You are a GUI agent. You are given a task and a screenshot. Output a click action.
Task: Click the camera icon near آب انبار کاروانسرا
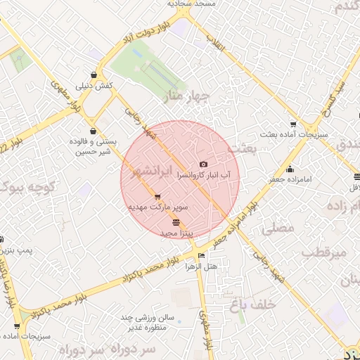[205, 163]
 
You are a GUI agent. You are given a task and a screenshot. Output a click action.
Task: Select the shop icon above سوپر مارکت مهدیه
[157, 197]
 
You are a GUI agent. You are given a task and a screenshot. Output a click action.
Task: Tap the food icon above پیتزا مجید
[176, 222]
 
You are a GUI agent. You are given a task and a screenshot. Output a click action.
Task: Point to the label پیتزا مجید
[176, 232]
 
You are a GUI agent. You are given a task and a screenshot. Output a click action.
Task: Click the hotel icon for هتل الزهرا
[202, 256]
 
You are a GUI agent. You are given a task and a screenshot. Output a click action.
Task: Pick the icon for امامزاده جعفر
[290, 169]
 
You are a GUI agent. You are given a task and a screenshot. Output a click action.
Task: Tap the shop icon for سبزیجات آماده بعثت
[294, 122]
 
